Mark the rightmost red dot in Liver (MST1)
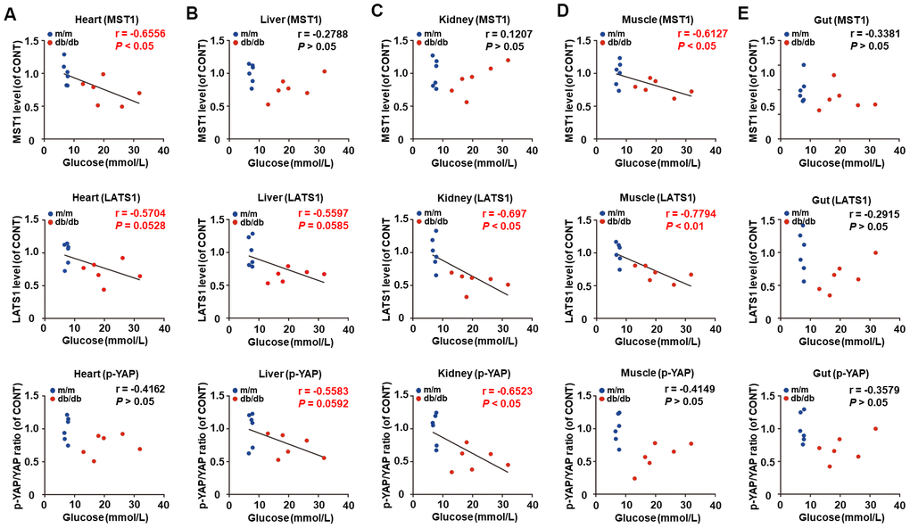coord(324,71)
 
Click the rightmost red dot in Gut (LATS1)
coord(875,252)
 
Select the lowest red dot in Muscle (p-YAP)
coord(634,478)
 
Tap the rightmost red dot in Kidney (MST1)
coord(508,60)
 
